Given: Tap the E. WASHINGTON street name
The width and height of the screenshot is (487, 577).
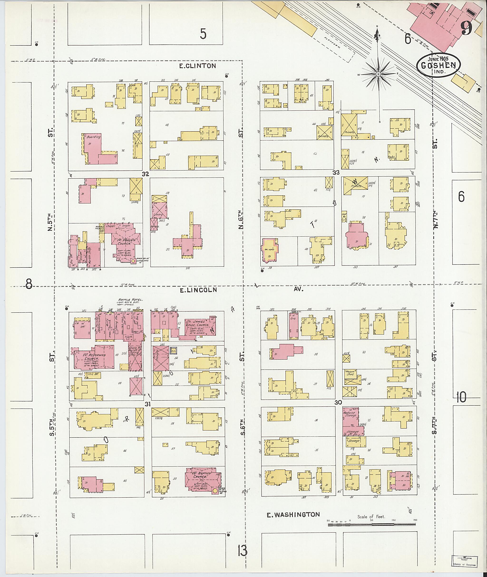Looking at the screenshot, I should click(x=293, y=514).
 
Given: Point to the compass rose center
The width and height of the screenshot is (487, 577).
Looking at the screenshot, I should click(x=379, y=74).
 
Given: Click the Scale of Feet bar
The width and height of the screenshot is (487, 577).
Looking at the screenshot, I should click(x=372, y=524).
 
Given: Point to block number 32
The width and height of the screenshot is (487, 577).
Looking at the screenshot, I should click(x=145, y=174).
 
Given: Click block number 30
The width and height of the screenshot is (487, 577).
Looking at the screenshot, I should click(x=338, y=402).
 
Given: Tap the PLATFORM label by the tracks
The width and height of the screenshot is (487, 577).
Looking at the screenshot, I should click(x=333, y=43).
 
